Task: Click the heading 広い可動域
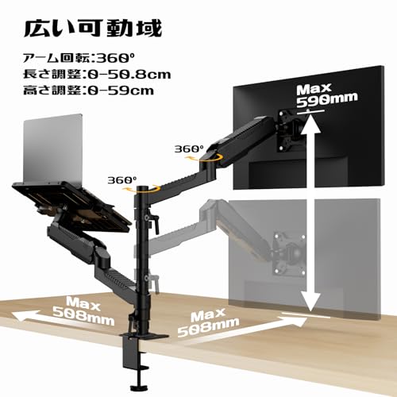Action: pos(93,29)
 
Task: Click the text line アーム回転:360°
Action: pos(79,58)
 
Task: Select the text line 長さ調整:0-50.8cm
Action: pos(97,74)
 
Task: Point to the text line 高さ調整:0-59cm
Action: pos(88,91)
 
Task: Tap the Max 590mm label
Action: pos(327,95)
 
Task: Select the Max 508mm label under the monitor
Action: pos(208,322)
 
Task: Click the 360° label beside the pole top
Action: pos(122,180)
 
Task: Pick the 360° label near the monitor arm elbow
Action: pos(189,148)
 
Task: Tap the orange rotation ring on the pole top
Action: pos(143,190)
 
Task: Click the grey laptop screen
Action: pos(53,149)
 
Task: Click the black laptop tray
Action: pos(71,203)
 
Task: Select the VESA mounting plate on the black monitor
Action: pos(290,130)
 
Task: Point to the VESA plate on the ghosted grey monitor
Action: pos(288,254)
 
